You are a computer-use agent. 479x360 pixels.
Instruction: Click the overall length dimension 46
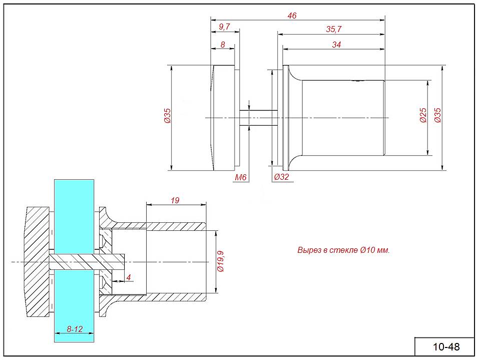[x=292, y=16]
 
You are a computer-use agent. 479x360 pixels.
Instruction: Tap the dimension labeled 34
[x=336, y=45]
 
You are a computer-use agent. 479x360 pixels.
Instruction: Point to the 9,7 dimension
[x=224, y=27]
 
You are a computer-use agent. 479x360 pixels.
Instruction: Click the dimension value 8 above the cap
[x=223, y=45]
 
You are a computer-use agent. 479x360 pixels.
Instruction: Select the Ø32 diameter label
[x=281, y=177]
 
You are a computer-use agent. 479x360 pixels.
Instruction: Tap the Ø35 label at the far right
[x=437, y=116]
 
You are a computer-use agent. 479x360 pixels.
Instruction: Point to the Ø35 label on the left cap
[x=168, y=116]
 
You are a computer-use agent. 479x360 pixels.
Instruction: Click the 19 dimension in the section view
[x=175, y=200]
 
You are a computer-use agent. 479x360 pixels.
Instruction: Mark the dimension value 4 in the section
[x=129, y=277]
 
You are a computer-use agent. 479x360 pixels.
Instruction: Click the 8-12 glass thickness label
[x=74, y=329]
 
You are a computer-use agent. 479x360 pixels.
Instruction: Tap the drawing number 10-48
[x=445, y=346]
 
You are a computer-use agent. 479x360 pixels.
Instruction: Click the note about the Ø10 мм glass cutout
[x=343, y=250]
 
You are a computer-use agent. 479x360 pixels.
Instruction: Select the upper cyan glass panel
[x=73, y=215]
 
